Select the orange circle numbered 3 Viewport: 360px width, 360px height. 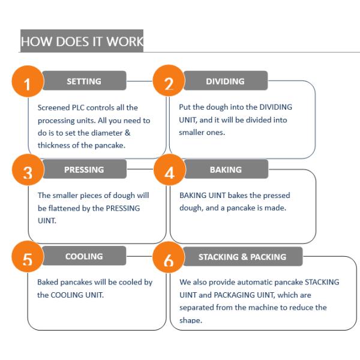pos(26,173)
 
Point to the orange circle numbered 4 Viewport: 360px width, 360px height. pos(169,173)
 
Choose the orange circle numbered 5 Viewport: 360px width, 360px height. pos(26,260)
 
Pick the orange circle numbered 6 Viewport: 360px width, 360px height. pos(169,260)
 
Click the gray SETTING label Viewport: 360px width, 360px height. pos(84,81)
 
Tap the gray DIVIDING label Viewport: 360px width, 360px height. pos(225,81)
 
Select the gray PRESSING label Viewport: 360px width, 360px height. pos(84,170)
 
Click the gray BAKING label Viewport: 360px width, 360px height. pos(225,170)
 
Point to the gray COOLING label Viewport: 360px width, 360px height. pos(84,256)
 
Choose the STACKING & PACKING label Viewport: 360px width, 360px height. pos(242,257)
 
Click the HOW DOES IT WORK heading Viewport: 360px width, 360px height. pos(82,41)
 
